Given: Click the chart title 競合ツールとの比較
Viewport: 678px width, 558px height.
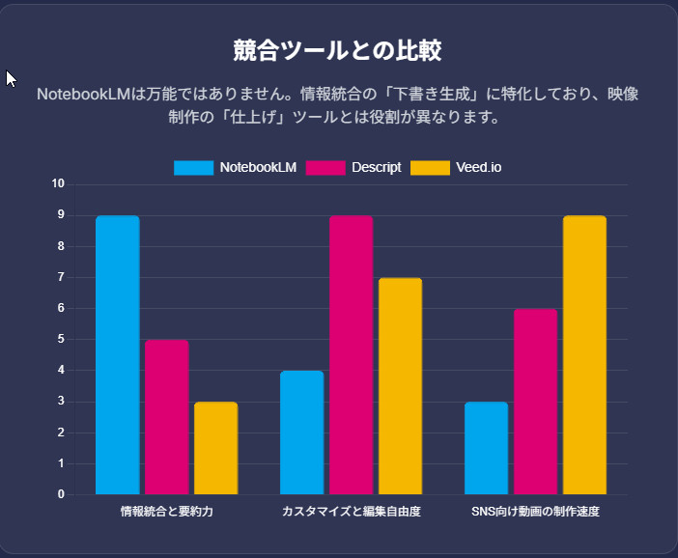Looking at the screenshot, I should [x=338, y=51].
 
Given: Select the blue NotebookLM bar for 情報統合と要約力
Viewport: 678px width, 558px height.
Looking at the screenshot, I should [x=118, y=355].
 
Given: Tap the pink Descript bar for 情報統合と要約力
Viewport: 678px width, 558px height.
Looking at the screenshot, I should [x=166, y=417].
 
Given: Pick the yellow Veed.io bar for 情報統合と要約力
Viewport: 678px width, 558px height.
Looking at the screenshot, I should [x=215, y=448].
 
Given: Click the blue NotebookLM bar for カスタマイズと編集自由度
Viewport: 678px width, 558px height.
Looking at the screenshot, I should [x=302, y=432].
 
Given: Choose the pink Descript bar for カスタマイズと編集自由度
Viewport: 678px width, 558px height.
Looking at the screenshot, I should [x=351, y=355].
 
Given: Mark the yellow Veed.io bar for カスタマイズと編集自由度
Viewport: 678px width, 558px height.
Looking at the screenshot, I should [x=400, y=386].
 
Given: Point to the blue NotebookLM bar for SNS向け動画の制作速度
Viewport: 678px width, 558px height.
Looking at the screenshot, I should [x=486, y=448].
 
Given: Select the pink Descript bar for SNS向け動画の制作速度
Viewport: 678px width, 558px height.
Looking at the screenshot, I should [x=535, y=402].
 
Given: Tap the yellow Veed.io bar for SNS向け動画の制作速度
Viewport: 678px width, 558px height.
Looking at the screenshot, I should [x=584, y=355].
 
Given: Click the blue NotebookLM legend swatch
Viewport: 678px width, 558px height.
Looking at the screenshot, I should [x=193, y=168].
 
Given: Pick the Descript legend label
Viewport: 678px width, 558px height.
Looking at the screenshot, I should [x=377, y=168].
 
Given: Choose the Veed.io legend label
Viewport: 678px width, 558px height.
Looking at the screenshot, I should [x=479, y=168].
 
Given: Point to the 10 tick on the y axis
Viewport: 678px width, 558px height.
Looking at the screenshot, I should [x=58, y=183].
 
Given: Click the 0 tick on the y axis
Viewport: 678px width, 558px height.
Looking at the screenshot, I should [x=61, y=494].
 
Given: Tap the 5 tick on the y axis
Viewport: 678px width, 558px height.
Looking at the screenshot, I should [x=61, y=339].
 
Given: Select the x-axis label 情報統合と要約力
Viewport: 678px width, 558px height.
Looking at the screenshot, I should [x=166, y=511].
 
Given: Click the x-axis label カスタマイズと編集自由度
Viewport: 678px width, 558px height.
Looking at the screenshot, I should [x=351, y=511].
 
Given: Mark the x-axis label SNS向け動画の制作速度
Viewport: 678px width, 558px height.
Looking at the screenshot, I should [x=535, y=511].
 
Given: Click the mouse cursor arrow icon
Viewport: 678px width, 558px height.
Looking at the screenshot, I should [x=11, y=78].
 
